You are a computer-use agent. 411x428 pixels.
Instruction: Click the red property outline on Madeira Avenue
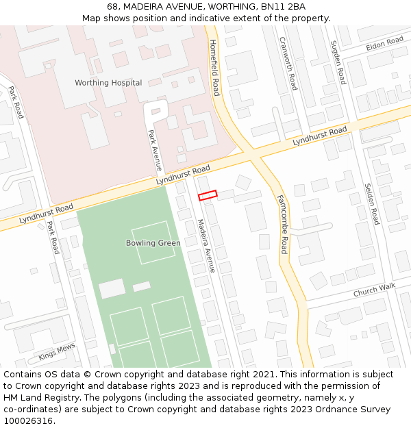point(208,195)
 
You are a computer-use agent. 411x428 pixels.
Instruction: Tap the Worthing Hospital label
point(108,83)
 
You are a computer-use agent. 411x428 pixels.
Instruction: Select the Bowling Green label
point(153,243)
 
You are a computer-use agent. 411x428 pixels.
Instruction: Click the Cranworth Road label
point(288,62)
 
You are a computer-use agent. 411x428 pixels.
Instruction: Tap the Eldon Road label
point(384,43)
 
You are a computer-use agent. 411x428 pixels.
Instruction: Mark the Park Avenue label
point(155,149)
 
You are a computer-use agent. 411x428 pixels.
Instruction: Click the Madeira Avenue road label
point(206,245)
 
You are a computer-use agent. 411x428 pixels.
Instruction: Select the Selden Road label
point(371,203)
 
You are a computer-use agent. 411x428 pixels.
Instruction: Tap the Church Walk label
point(374,291)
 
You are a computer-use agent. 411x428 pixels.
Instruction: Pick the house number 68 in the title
point(112,7)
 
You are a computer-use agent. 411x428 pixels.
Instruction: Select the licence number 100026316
point(29,421)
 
